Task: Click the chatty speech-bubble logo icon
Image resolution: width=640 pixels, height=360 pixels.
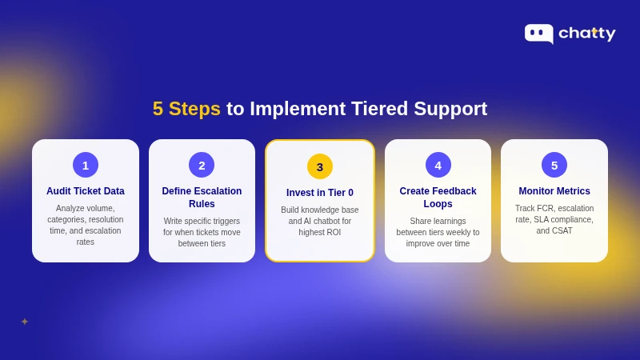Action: click(538, 33)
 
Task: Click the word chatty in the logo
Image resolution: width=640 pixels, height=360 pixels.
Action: click(586, 34)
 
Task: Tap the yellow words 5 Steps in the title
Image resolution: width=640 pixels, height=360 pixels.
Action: click(186, 109)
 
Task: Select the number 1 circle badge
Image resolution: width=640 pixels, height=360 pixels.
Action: click(86, 165)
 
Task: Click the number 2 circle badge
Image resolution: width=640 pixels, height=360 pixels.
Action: click(202, 165)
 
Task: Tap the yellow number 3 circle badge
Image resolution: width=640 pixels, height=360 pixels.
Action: click(320, 166)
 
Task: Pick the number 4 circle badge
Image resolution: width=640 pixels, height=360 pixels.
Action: click(438, 165)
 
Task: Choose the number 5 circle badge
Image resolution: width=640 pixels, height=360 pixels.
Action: click(554, 165)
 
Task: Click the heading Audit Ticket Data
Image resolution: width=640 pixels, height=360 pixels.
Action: click(86, 191)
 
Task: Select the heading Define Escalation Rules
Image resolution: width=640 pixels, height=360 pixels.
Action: click(202, 198)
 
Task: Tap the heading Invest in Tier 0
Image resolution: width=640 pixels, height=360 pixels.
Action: click(320, 193)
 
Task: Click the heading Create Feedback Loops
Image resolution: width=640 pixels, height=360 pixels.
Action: click(438, 198)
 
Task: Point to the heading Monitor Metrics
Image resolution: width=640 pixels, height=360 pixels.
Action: click(554, 191)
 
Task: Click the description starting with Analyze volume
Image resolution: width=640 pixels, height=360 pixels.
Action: click(86, 225)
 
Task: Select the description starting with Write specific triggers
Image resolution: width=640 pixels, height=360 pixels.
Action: click(202, 232)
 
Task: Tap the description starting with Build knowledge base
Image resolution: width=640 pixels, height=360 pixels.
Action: click(320, 221)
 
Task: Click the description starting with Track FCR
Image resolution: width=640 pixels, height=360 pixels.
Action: click(554, 219)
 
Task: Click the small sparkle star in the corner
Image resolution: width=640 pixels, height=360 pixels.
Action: click(25, 322)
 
